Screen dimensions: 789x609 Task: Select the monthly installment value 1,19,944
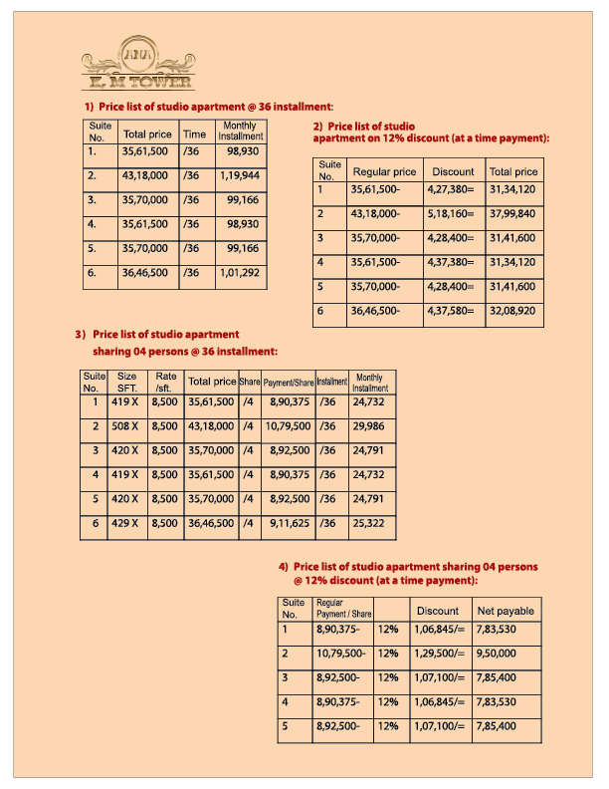pyautogui.click(x=240, y=175)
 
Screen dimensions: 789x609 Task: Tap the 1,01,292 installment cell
pyautogui.click(x=240, y=273)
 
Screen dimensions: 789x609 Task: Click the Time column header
pyautogui.click(x=194, y=134)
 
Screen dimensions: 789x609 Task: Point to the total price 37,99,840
pyautogui.click(x=512, y=214)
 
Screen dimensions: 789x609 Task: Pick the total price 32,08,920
pyautogui.click(x=512, y=312)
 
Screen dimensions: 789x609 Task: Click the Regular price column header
pyautogui.click(x=384, y=172)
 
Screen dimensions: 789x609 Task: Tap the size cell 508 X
pyautogui.click(x=126, y=426)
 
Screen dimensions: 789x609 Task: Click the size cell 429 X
pyautogui.click(x=126, y=523)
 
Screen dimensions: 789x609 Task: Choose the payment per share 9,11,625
pyautogui.click(x=291, y=523)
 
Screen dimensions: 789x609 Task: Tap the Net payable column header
pyautogui.click(x=506, y=611)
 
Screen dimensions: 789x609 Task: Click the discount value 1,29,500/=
pyautogui.click(x=438, y=655)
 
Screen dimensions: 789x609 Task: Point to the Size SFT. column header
pyautogui.click(x=126, y=382)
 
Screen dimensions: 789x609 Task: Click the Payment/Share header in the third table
pyautogui.click(x=289, y=383)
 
